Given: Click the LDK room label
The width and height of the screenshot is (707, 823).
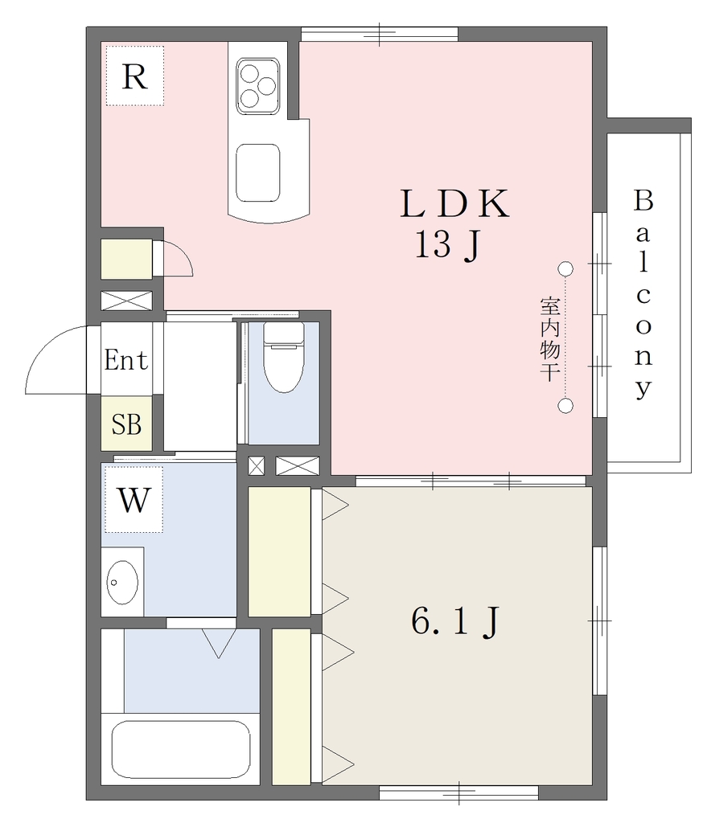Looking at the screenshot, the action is [454, 203].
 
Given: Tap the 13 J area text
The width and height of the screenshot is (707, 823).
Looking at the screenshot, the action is [448, 245].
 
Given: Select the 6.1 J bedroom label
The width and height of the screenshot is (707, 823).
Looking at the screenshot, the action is [455, 622].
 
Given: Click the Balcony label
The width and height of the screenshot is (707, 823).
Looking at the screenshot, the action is [643, 294].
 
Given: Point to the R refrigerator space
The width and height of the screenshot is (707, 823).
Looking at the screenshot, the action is [134, 76].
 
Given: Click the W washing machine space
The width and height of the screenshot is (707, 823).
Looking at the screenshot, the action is [134, 499].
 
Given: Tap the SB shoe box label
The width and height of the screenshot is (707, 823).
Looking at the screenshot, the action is [126, 424].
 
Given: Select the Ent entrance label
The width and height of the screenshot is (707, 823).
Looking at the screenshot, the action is [126, 360].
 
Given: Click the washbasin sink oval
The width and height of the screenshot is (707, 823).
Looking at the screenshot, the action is [122, 582].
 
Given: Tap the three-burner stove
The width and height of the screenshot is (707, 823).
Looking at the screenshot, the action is [257, 86].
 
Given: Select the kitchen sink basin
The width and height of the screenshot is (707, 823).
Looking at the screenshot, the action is [257, 173].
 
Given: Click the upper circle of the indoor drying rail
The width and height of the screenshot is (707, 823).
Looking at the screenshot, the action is [565, 268].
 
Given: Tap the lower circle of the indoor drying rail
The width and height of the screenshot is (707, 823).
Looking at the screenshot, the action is [565, 406].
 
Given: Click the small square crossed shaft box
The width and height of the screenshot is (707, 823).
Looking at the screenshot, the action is [256, 466].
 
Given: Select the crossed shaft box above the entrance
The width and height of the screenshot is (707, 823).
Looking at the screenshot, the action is [126, 301].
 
